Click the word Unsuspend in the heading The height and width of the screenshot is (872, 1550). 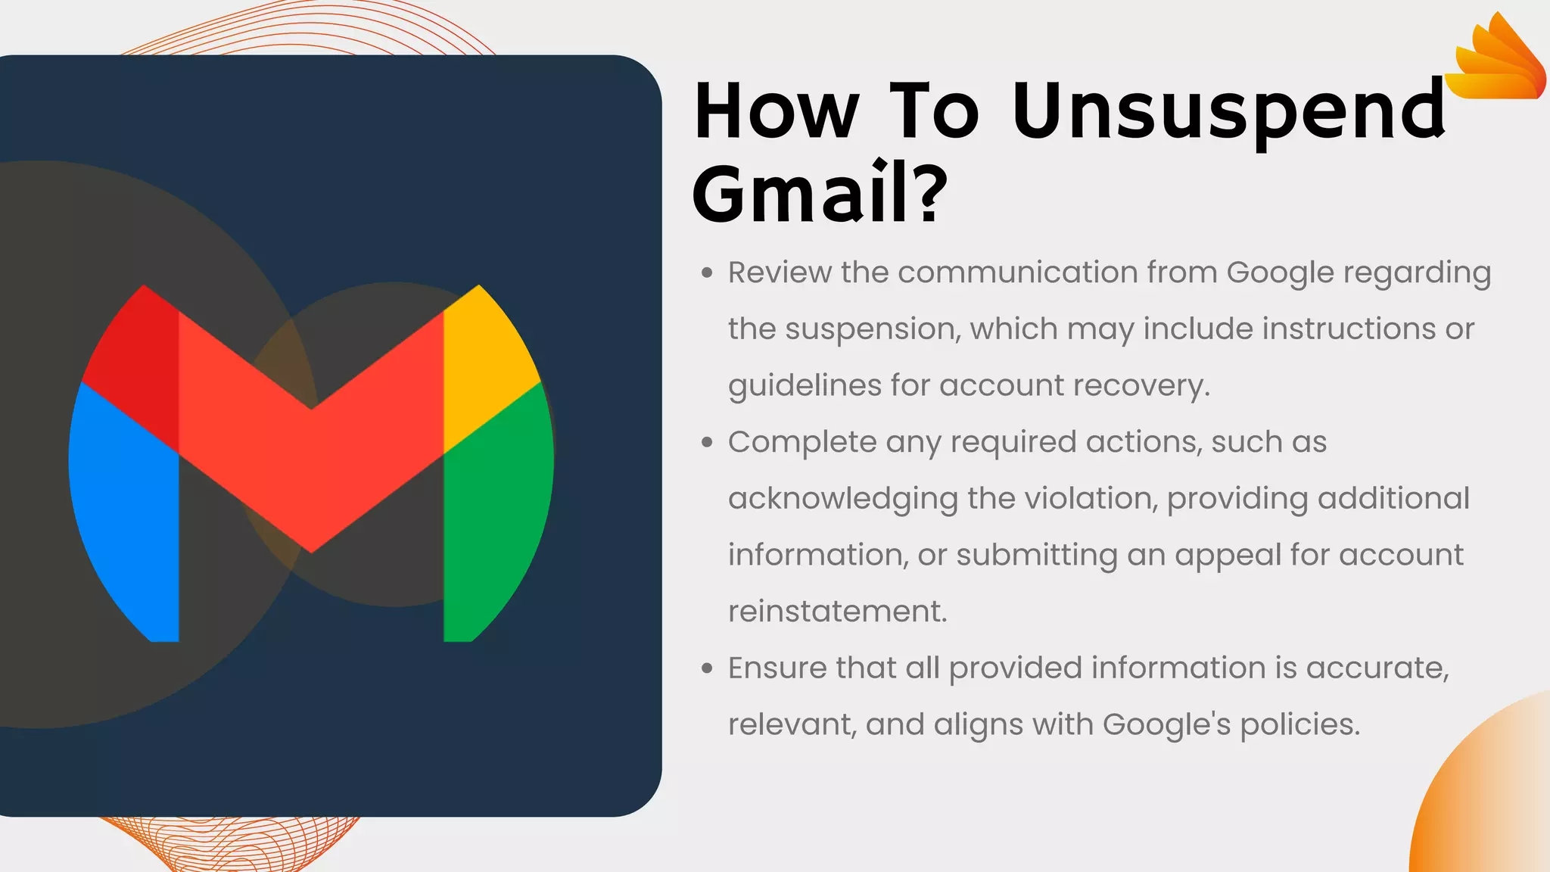click(1228, 112)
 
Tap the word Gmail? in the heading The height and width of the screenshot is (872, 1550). click(819, 194)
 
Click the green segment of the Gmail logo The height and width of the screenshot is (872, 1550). click(496, 515)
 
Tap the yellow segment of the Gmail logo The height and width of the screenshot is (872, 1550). click(484, 363)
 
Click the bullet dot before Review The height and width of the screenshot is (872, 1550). click(707, 272)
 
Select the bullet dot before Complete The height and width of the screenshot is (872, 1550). click(707, 442)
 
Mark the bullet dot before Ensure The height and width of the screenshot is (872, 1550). click(707, 668)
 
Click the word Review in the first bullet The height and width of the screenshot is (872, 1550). click(780, 272)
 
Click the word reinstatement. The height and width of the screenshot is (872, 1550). click(837, 612)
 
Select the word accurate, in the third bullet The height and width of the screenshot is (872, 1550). click(1377, 668)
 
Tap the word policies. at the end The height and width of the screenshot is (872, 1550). click(1300, 725)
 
